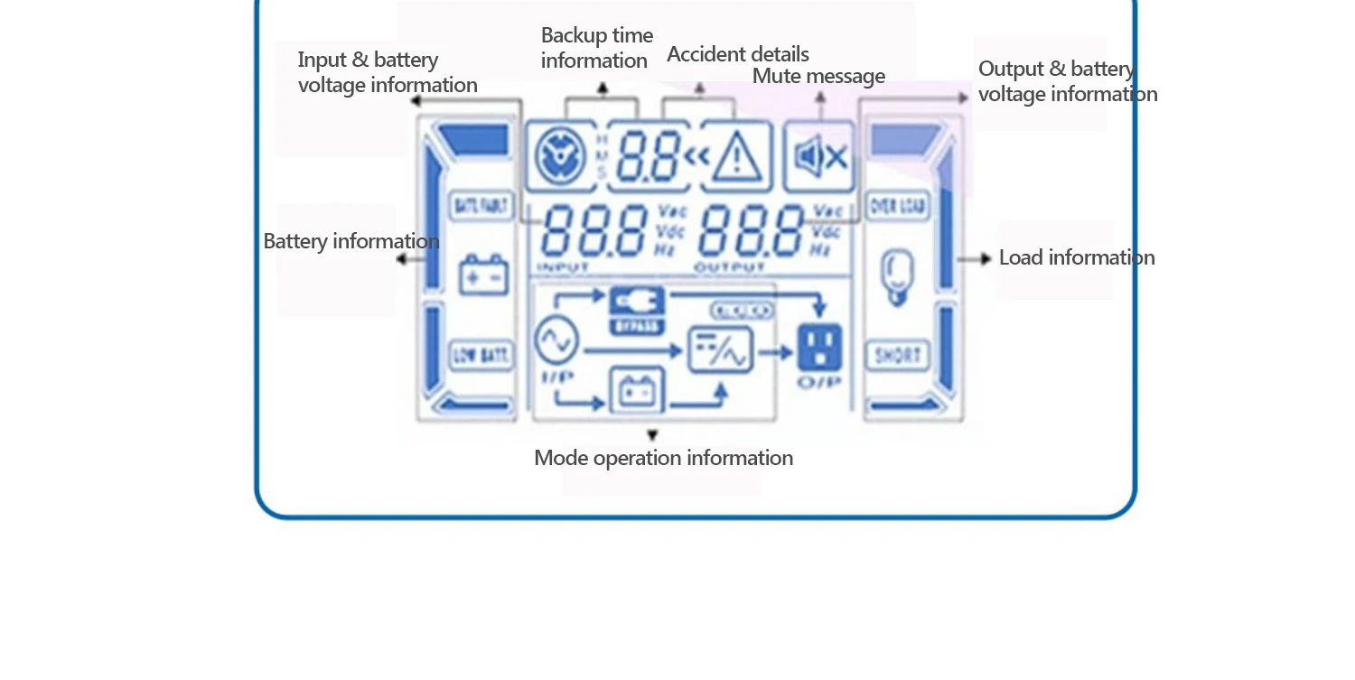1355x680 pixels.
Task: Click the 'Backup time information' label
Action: pyautogui.click(x=596, y=48)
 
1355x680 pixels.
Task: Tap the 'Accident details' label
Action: pyautogui.click(x=737, y=54)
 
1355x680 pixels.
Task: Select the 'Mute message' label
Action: pyautogui.click(x=818, y=76)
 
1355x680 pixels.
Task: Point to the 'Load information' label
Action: pyautogui.click(x=1076, y=257)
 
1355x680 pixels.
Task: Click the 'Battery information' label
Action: pyautogui.click(x=350, y=241)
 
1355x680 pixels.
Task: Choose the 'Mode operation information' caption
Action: pyautogui.click(x=663, y=458)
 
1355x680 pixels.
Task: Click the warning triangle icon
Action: pyautogui.click(x=737, y=157)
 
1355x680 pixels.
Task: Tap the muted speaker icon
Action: pyautogui.click(x=819, y=157)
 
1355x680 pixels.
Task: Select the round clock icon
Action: pyautogui.click(x=561, y=157)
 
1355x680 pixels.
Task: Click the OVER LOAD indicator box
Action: pyautogui.click(x=897, y=207)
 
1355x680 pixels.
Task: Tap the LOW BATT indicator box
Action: pyautogui.click(x=481, y=355)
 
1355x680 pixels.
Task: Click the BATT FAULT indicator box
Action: pyautogui.click(x=481, y=207)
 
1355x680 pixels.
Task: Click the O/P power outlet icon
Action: pyautogui.click(x=819, y=349)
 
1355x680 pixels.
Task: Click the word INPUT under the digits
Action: pyautogui.click(x=564, y=267)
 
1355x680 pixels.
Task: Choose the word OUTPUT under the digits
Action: pyautogui.click(x=729, y=267)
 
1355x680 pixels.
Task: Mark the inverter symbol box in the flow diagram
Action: pyautogui.click(x=720, y=349)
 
